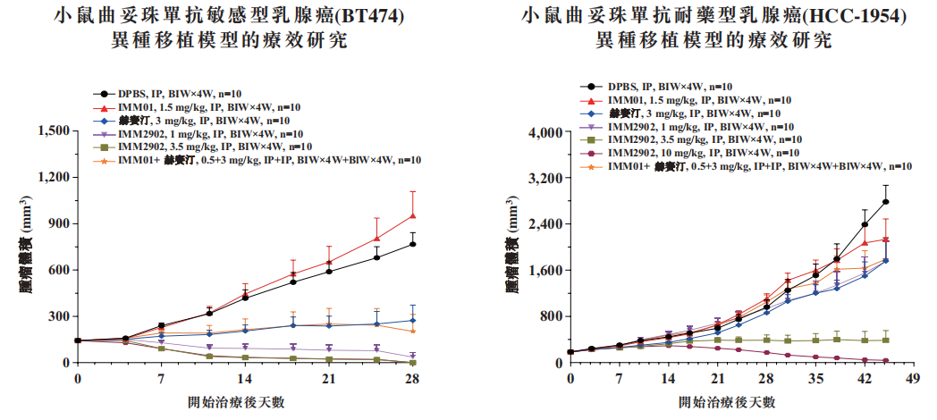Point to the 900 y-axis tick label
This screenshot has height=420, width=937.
[56, 224]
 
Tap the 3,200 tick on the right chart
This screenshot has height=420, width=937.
[539, 179]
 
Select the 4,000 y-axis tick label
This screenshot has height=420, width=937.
[539, 132]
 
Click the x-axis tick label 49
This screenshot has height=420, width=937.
[911, 377]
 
